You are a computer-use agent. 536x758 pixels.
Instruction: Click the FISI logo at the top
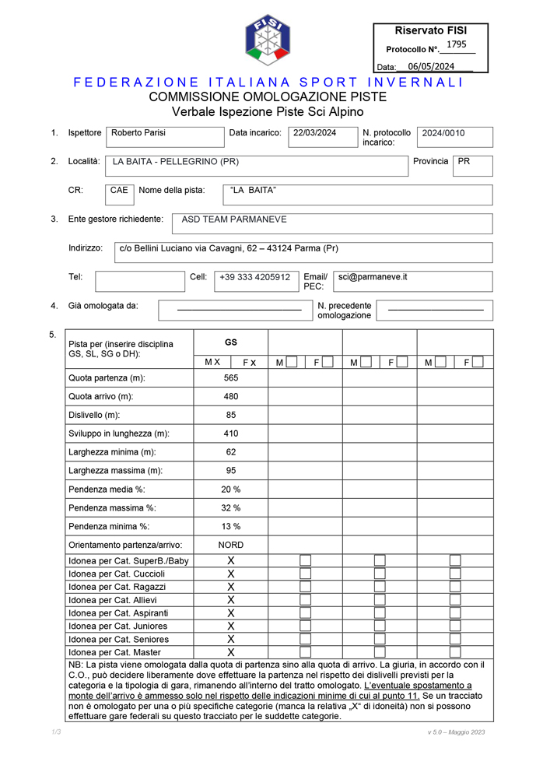(x=268, y=40)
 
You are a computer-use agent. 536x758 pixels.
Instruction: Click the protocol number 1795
(x=457, y=44)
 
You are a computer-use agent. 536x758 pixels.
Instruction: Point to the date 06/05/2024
(x=431, y=67)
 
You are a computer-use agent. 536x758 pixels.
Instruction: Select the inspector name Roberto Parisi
(x=138, y=133)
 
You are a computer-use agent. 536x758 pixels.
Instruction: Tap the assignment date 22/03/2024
(x=314, y=133)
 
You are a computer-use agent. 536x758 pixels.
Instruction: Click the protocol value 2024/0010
(x=443, y=133)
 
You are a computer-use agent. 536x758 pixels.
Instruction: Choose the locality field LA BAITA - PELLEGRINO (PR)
(x=176, y=162)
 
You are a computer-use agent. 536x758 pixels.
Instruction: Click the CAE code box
(x=119, y=191)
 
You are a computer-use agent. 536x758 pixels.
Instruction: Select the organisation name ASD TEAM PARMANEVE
(x=234, y=220)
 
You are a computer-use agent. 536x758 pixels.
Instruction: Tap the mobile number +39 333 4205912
(x=254, y=277)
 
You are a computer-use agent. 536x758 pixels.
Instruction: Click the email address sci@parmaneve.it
(x=373, y=277)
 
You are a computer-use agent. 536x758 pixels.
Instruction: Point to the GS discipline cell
(x=231, y=342)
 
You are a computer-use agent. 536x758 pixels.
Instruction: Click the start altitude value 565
(x=231, y=378)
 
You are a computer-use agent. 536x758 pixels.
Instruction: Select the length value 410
(x=231, y=433)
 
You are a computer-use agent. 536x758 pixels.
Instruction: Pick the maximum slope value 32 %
(x=231, y=507)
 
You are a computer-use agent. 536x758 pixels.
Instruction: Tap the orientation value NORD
(x=231, y=545)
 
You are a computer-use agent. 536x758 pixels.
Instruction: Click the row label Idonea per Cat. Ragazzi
(x=117, y=587)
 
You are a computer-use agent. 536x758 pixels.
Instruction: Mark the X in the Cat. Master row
(x=231, y=652)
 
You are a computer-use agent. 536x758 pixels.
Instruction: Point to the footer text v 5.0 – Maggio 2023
(x=456, y=732)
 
